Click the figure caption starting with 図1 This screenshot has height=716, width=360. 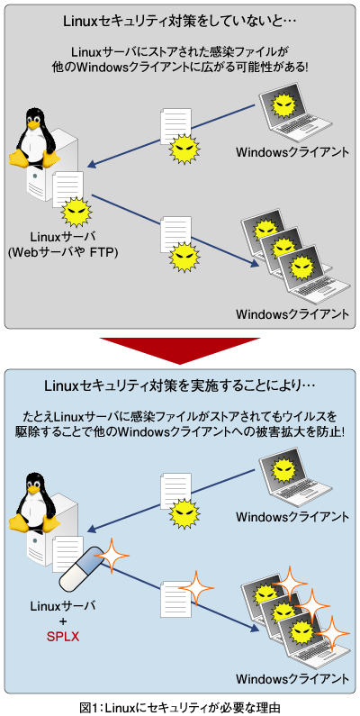[x=180, y=706]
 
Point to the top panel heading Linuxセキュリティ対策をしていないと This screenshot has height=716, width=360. [x=180, y=20]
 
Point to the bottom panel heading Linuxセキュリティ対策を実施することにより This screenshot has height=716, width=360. [x=180, y=385]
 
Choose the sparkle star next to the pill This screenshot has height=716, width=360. [x=110, y=557]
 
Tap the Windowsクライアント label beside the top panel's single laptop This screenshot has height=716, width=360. [x=292, y=151]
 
